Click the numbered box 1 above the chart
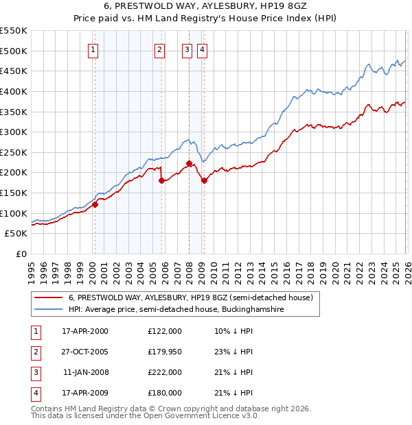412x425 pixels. [93, 49]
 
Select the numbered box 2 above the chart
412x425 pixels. [159, 49]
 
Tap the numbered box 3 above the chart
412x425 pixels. [187, 49]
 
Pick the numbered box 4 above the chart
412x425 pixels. [203, 49]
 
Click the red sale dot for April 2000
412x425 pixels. [95, 204]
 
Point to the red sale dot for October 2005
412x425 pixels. [162, 180]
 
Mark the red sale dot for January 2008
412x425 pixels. [189, 163]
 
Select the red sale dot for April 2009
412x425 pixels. [204, 180]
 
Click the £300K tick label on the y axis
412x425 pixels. [13, 132]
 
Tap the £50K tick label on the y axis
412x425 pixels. [16, 233]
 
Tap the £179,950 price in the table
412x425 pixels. [165, 352]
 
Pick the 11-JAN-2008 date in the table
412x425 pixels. [86, 372]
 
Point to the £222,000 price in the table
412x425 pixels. [165, 372]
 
